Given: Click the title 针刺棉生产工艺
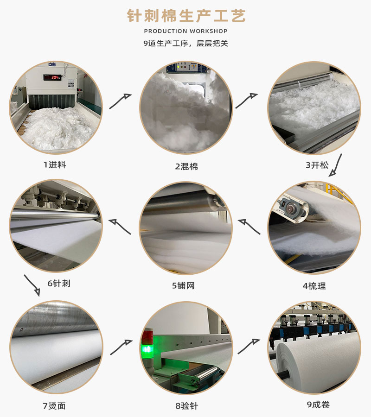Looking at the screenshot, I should click(x=186, y=16).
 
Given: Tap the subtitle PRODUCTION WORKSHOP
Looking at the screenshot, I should click(x=185, y=31).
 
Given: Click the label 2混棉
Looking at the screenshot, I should click(x=186, y=166).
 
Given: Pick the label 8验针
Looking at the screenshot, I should click(x=186, y=406).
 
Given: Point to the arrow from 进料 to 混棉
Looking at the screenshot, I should click(x=120, y=101).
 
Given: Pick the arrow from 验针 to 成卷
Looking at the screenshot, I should click(x=249, y=346).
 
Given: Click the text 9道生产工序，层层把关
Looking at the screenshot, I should click(x=185, y=44).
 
